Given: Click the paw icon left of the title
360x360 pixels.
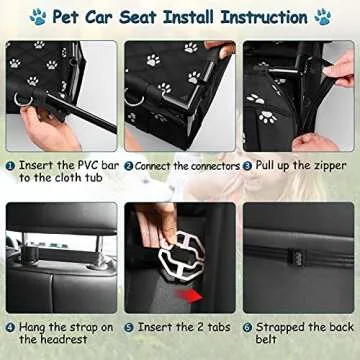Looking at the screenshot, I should point(38,16).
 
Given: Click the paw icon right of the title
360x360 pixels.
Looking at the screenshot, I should point(322,16).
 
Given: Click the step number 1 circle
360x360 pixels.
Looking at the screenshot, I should point(10,164).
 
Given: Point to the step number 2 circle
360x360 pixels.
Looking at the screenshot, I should point(128,164).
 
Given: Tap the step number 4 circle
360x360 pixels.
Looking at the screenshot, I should point(10,326).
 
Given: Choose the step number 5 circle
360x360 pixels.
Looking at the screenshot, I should point(130,326).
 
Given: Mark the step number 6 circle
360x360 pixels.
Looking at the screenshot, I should point(247,326).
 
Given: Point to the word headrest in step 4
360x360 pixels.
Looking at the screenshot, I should point(50,342).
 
